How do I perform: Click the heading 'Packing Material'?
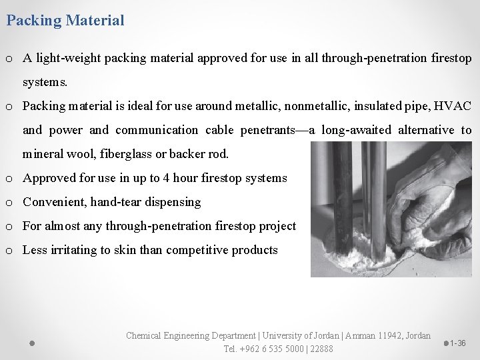(x=65, y=20)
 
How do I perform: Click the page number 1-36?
(x=457, y=343)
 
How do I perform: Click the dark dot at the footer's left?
(x=32, y=343)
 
